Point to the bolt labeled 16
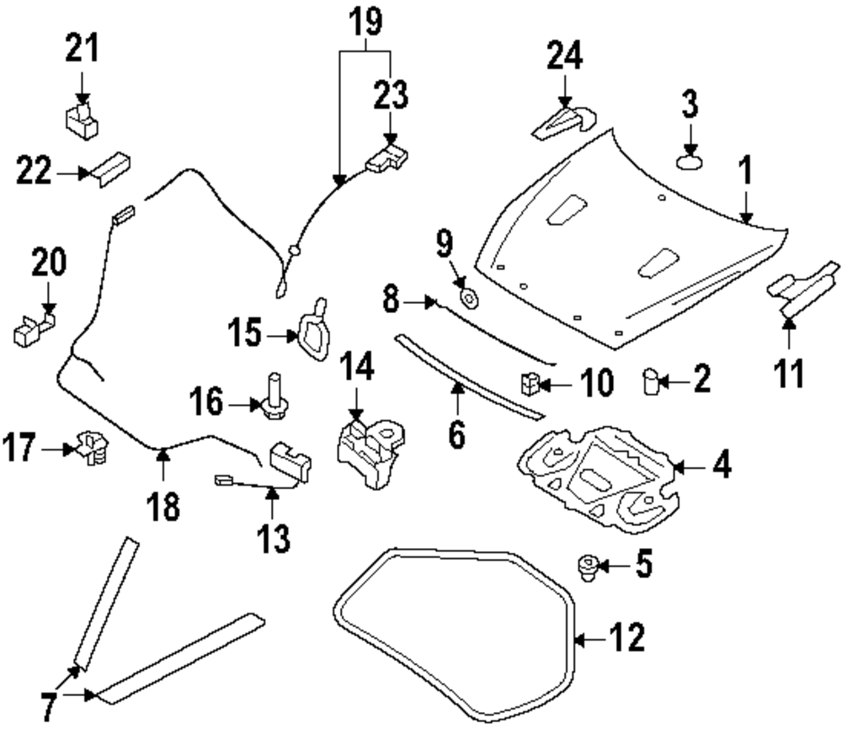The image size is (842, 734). click(x=273, y=399)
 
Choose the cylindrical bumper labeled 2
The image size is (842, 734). click(x=650, y=380)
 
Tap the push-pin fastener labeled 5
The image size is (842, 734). click(x=587, y=568)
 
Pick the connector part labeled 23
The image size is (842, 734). click(x=387, y=157)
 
